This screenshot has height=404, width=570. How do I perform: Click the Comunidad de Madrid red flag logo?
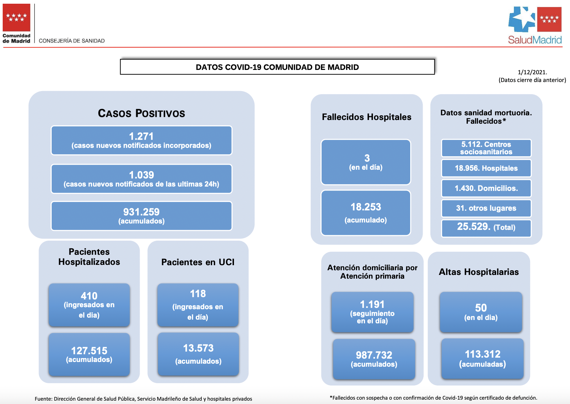pyautogui.click(x=16, y=17)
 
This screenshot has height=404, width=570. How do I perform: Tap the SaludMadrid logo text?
pyautogui.click(x=535, y=40)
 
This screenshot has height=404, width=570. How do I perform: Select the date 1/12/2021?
pyautogui.click(x=532, y=72)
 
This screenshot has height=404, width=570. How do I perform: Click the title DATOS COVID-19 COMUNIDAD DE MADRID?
pyautogui.click(x=277, y=67)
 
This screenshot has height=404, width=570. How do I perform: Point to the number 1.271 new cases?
pyautogui.click(x=141, y=136)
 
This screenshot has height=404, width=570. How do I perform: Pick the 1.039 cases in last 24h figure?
pyautogui.click(x=141, y=175)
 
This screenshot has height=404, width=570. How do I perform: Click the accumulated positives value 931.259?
pyautogui.click(x=141, y=212)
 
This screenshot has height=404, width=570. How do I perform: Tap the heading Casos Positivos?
pyautogui.click(x=141, y=113)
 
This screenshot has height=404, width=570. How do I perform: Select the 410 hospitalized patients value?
pyautogui.click(x=89, y=296)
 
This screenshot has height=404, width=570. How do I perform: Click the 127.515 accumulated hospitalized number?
pyautogui.click(x=89, y=351)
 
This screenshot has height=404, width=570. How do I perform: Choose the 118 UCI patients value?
pyautogui.click(x=198, y=294)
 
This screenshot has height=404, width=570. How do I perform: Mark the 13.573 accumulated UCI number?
pyautogui.click(x=198, y=348)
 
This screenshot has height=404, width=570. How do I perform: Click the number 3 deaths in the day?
pyautogui.click(x=367, y=158)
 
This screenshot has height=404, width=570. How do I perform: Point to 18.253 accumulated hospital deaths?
pyautogui.click(x=366, y=207)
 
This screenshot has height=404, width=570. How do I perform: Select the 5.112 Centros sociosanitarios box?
pyautogui.click(x=486, y=148)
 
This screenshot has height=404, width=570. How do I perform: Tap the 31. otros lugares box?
pyautogui.click(x=486, y=208)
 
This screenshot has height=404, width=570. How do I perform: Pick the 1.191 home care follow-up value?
pyautogui.click(x=372, y=305)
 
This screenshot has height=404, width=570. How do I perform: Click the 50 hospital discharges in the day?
pyautogui.click(x=481, y=308)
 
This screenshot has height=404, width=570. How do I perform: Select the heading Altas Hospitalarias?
pyautogui.click(x=479, y=272)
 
